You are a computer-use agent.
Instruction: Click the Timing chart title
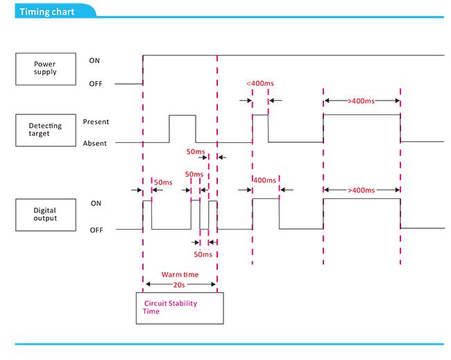pyautogui.click(x=47, y=12)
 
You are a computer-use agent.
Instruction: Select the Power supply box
pyautogui.click(x=46, y=69)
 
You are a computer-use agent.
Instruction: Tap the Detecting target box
pyautogui.click(x=46, y=130)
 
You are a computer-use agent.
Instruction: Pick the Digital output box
pyautogui.click(x=46, y=215)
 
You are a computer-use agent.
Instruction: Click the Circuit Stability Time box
pyautogui.click(x=180, y=308)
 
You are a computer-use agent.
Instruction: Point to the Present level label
pyautogui.click(x=96, y=122)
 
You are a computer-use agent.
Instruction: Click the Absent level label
pyautogui.click(x=94, y=143)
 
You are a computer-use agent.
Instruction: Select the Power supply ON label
pyautogui.click(x=94, y=60)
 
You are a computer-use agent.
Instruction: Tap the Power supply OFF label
pyautogui.click(x=96, y=84)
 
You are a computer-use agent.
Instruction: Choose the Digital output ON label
pyautogui.click(x=96, y=203)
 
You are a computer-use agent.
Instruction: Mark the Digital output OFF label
pyautogui.click(x=96, y=230)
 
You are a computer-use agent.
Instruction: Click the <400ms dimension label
pyautogui.click(x=260, y=83)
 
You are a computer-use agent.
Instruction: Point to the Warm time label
pyautogui.click(x=180, y=275)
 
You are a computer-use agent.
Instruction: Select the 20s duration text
pyautogui.click(x=179, y=285)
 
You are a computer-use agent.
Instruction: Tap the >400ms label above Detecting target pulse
pyautogui.click(x=361, y=101)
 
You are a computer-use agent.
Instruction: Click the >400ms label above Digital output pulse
pyautogui.click(x=361, y=190)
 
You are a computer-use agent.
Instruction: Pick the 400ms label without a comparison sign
pyautogui.click(x=264, y=180)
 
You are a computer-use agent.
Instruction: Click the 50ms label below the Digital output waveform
pyautogui.click(x=203, y=255)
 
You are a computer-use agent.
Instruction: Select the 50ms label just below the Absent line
pyautogui.click(x=196, y=151)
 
